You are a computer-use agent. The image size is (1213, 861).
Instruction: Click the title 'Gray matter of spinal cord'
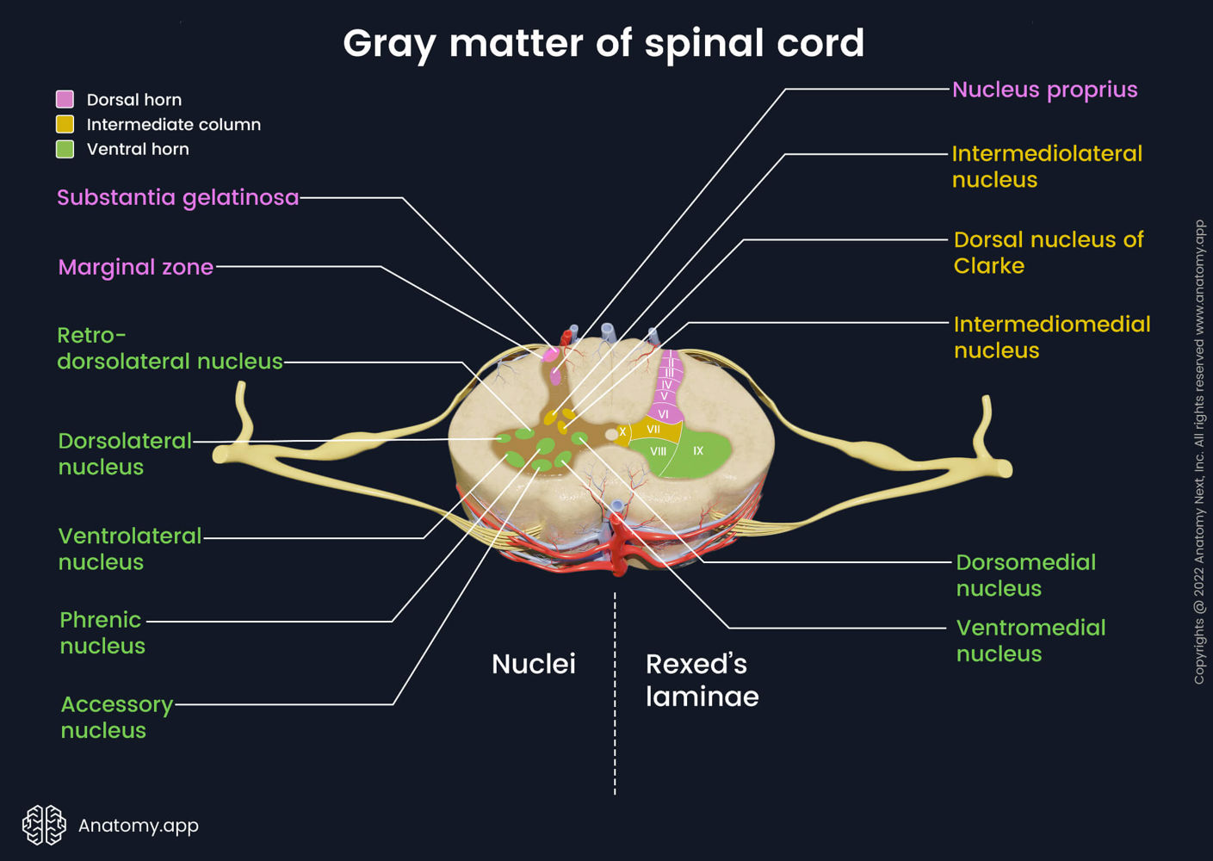pyautogui.click(x=603, y=43)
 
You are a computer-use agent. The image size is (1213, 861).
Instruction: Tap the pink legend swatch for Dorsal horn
pyautogui.click(x=65, y=99)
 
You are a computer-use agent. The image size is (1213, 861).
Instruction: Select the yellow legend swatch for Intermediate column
pyautogui.click(x=65, y=124)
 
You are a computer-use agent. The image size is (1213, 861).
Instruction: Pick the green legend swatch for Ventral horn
pyautogui.click(x=65, y=149)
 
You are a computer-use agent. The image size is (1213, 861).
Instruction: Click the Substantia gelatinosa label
pyautogui.click(x=177, y=197)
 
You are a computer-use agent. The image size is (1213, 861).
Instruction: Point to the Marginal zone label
pyautogui.click(x=135, y=267)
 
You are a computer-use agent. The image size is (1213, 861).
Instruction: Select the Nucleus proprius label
pyautogui.click(x=1044, y=90)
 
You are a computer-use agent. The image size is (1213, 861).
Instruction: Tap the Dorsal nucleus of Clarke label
pyautogui.click(x=1048, y=252)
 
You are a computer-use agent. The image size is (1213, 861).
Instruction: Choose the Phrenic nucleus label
pyautogui.click(x=102, y=633)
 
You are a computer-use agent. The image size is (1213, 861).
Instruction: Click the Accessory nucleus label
pyautogui.click(x=116, y=717)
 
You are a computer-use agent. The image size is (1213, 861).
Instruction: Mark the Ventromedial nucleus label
pyautogui.click(x=1030, y=641)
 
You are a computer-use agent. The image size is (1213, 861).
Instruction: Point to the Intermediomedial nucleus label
pyautogui.click(x=1051, y=337)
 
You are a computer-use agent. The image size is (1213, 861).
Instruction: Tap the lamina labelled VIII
pyautogui.click(x=658, y=452)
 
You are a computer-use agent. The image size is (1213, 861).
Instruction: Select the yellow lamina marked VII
pyautogui.click(x=653, y=429)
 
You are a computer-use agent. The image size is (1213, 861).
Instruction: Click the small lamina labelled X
pyautogui.click(x=622, y=432)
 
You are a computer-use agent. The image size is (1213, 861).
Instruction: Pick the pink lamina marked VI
pyautogui.click(x=664, y=414)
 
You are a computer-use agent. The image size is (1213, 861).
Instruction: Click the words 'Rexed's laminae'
pyautogui.click(x=702, y=680)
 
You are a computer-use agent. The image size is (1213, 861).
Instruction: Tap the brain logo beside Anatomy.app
pyautogui.click(x=44, y=825)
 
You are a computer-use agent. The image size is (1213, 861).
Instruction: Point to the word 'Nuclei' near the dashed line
pyautogui.click(x=533, y=664)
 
